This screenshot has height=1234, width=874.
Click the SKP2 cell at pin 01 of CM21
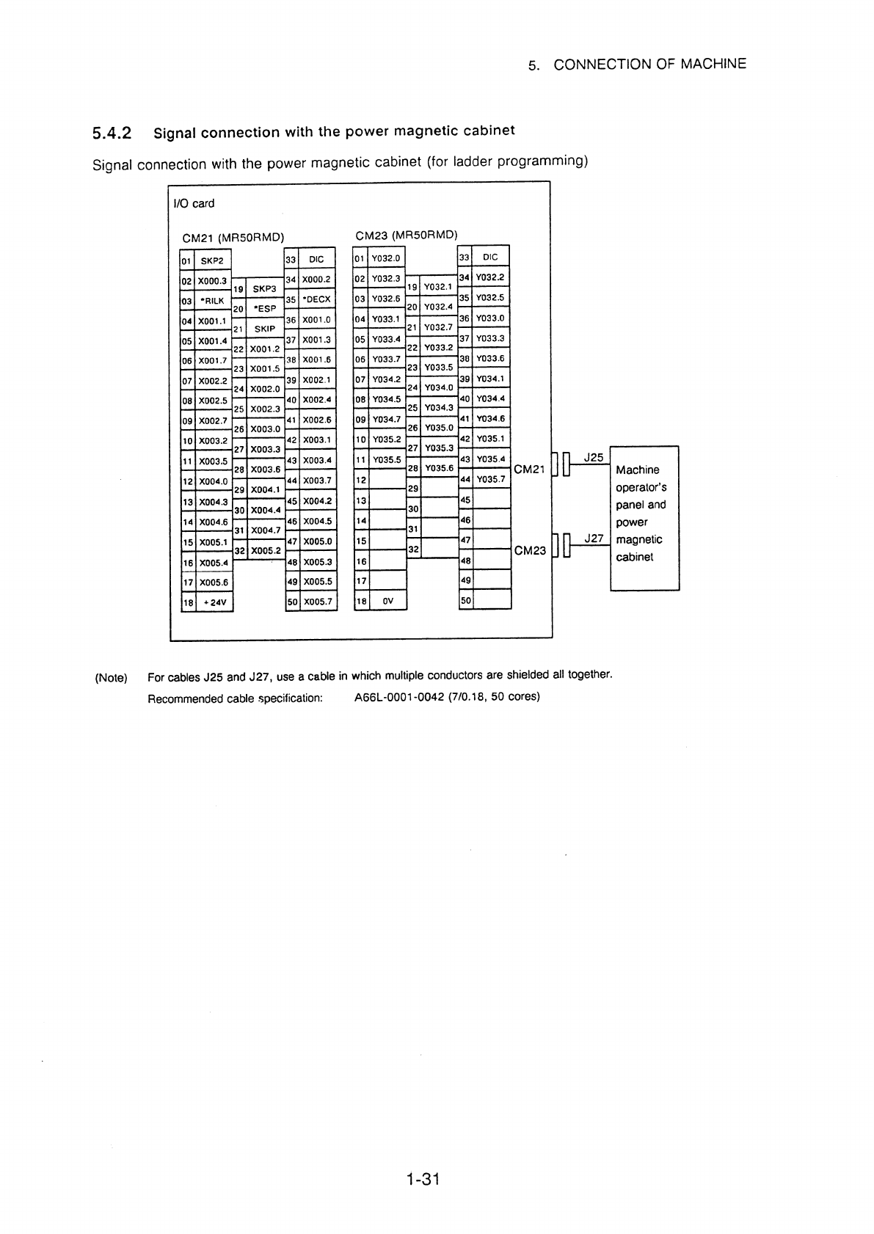tap(212, 260)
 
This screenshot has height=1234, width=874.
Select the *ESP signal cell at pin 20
tap(265, 308)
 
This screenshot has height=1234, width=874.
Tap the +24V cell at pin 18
tap(214, 602)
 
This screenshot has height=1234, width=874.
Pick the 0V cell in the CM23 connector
tap(387, 600)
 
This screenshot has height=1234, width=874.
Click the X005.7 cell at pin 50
tap(318, 602)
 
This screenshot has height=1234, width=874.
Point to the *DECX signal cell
tap(317, 299)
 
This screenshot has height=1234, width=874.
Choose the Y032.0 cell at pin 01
tap(386, 258)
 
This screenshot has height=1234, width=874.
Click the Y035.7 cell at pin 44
tap(490, 479)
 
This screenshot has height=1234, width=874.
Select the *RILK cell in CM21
tap(213, 301)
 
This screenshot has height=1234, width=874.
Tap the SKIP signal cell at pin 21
tap(265, 329)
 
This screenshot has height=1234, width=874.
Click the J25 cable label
tap(594, 457)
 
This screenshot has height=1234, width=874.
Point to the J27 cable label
tap(594, 538)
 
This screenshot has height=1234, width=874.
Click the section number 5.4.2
tap(112, 134)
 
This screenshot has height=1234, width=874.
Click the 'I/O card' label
tap(194, 203)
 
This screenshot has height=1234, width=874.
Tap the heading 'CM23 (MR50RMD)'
tap(407, 236)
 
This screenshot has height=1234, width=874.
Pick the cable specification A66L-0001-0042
tap(399, 697)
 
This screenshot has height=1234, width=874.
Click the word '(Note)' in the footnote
tap(112, 678)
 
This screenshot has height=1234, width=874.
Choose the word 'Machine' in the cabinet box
tap(638, 470)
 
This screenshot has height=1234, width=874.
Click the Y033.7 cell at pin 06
tap(386, 359)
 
